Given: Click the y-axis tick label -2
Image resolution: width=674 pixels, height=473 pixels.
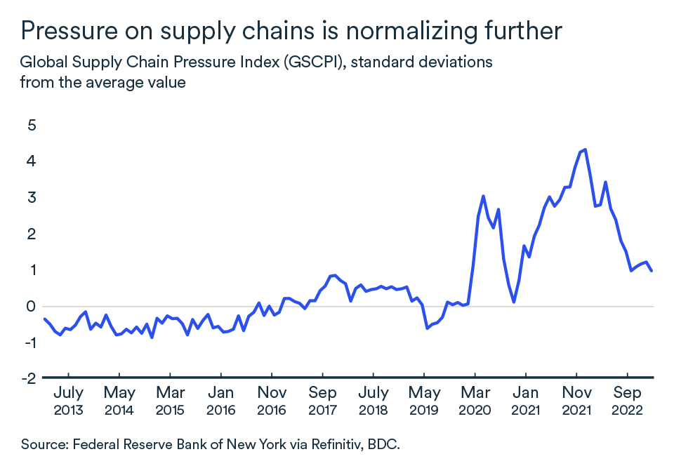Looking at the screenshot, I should click(x=28, y=378).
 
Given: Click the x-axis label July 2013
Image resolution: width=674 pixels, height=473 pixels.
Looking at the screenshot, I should click(x=68, y=401).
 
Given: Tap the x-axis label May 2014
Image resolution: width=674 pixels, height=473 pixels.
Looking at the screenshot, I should click(x=119, y=401).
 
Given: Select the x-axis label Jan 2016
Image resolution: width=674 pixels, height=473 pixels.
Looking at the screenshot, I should click(x=221, y=401).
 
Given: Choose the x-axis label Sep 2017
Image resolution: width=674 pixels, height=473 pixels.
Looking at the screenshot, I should click(x=322, y=401).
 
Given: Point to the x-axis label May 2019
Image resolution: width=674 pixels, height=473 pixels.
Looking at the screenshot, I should click(x=424, y=401).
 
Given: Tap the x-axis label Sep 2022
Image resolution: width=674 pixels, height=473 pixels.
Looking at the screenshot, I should click(x=627, y=401).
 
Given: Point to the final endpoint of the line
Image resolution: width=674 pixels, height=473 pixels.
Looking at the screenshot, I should click(x=652, y=271).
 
